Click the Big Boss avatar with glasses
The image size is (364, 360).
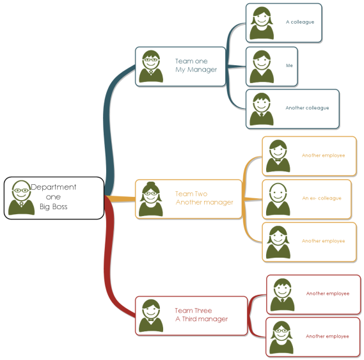tap(21, 198)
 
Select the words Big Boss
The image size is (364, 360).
tap(53, 207)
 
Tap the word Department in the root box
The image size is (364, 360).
tap(53, 187)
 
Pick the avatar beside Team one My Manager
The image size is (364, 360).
tap(151, 67)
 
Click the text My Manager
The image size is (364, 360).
tap(196, 70)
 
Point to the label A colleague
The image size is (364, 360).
tap(300, 22)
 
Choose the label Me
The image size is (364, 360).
tap(289, 65)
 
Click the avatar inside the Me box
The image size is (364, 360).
tap(262, 67)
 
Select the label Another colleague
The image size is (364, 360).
tap(307, 108)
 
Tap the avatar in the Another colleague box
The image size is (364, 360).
tap(262, 109)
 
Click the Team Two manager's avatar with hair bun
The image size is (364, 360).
tap(151, 199)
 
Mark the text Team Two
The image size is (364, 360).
tap(191, 194)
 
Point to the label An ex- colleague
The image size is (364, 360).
tap(322, 198)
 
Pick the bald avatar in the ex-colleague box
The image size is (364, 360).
tap(278, 200)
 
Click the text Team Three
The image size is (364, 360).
tap(193, 311)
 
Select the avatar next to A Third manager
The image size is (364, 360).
tap(151, 316)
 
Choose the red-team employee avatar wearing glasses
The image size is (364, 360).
tap(281, 338)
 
